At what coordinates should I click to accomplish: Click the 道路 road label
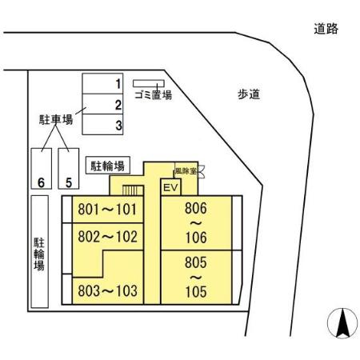[x=326, y=30]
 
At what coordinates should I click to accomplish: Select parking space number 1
[x=102, y=83]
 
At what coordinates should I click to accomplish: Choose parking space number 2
[x=102, y=104]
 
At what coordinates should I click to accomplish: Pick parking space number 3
[x=102, y=125]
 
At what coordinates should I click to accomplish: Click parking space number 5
[x=69, y=169]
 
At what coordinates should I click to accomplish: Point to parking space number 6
[x=40, y=169]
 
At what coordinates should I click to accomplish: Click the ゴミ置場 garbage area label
[x=153, y=94]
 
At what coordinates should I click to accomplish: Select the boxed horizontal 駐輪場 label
[x=109, y=166]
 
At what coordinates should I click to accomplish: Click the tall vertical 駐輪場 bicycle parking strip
[x=39, y=252]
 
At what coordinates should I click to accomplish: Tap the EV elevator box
[x=170, y=187]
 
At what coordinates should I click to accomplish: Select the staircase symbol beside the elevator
[x=133, y=190]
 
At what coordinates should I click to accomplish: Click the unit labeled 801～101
[x=110, y=211]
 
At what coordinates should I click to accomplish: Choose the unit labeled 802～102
[x=110, y=238]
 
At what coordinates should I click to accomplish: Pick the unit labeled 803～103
[x=110, y=290]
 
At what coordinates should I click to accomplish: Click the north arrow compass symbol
[x=340, y=323]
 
